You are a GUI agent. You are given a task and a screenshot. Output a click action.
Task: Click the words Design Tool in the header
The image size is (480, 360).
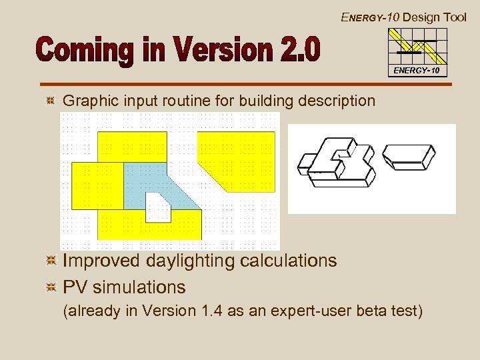click(x=435, y=17)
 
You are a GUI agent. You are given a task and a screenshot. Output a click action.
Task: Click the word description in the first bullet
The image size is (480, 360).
click(x=338, y=101)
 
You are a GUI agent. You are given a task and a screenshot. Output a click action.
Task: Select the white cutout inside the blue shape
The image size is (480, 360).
click(x=157, y=207)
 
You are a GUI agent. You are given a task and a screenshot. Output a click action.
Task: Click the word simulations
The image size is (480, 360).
click(x=139, y=287)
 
